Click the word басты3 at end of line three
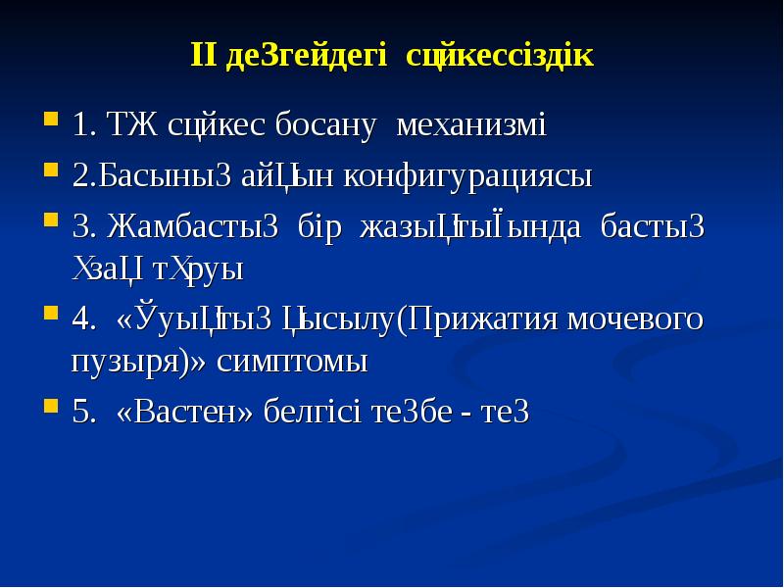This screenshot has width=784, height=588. click(653, 227)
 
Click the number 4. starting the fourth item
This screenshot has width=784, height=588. click(85, 319)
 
